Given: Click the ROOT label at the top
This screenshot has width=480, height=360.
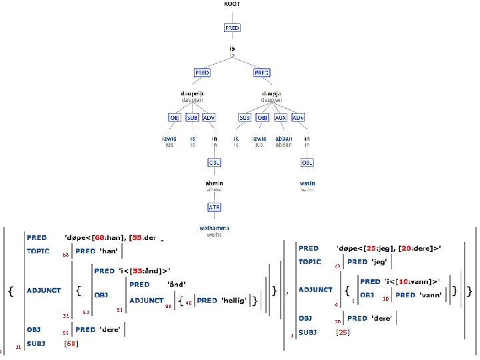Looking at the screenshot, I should tap(231, 4).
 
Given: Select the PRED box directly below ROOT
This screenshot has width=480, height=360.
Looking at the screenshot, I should tap(231, 28).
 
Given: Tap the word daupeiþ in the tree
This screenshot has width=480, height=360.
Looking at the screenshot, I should tap(192, 93).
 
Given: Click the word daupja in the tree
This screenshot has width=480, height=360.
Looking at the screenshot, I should tap(271, 93).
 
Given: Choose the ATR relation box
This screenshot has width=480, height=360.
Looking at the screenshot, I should tap(214, 207).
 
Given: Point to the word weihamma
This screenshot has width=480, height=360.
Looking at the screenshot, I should tap(214, 228).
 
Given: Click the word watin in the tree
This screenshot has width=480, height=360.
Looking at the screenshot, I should tap(307, 183).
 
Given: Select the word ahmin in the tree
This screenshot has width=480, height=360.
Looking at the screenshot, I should tap(214, 183).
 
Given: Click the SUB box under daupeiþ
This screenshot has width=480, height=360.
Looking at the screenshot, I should tap(192, 117).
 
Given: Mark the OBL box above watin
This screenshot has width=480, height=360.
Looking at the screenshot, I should tap(307, 162).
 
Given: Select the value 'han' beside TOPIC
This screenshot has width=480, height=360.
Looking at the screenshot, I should tap(109, 251).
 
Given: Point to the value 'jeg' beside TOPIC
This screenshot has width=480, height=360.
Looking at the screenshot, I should tap(381, 262).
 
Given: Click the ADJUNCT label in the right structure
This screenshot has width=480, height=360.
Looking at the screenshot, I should tap(315, 290).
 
